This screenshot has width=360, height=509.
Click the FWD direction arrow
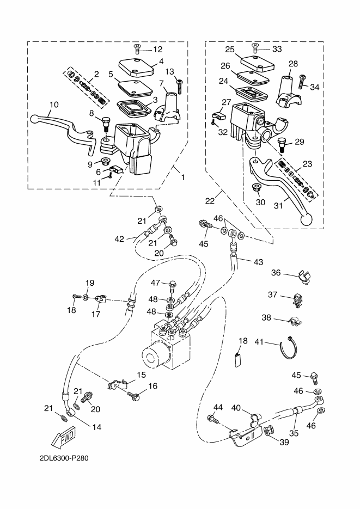click(63, 438)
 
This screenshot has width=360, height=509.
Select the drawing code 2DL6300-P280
click(64, 458)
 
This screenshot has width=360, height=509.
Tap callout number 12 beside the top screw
click(157, 50)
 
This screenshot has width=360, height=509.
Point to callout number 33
click(277, 49)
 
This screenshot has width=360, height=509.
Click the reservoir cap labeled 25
click(257, 63)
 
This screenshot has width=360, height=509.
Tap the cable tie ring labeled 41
click(289, 348)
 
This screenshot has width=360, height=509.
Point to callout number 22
click(210, 201)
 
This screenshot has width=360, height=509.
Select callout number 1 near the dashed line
click(183, 177)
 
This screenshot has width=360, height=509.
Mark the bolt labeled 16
click(133, 396)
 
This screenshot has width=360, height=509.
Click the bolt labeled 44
click(212, 419)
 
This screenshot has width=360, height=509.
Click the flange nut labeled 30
click(256, 187)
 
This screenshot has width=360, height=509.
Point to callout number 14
click(97, 427)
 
